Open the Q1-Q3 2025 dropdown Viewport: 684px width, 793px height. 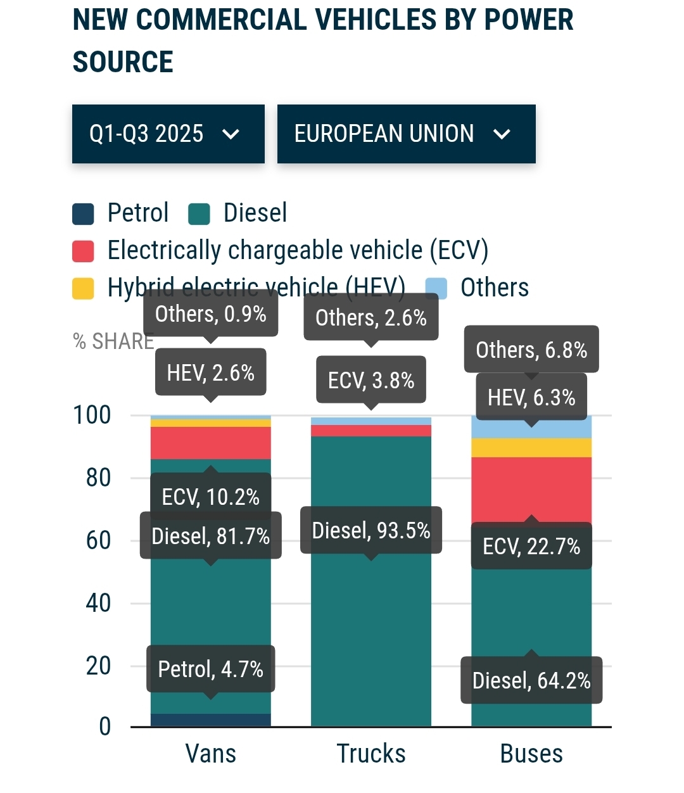168,134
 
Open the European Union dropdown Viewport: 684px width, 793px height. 406,134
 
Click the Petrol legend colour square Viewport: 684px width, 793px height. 83,214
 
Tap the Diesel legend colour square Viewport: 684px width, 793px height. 199,214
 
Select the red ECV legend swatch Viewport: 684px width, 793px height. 83,251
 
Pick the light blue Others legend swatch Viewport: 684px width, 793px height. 436,288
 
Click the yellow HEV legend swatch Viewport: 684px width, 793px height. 83,288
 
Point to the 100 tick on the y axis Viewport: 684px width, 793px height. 92,416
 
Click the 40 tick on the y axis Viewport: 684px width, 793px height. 98,603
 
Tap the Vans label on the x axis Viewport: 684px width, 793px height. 211,754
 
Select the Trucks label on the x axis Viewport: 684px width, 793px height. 371,754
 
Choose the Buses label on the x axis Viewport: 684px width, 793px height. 531,754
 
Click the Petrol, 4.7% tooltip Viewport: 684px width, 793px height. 211,669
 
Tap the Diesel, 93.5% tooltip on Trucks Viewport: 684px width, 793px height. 371,530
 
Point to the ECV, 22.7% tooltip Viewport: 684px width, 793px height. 531,546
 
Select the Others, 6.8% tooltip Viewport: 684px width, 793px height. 531,350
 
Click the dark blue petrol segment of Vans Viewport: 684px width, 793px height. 211,720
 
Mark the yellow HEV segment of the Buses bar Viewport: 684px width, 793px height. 531,448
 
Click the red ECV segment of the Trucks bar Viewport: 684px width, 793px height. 371,431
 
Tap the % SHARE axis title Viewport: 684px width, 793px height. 113,341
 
